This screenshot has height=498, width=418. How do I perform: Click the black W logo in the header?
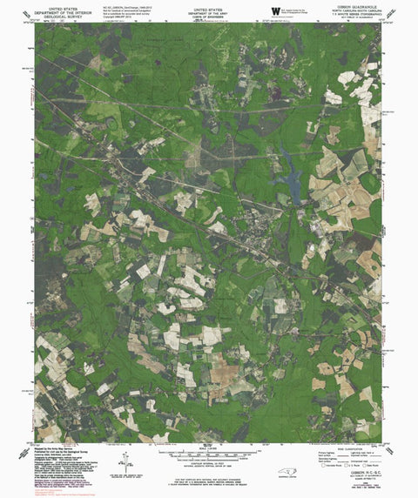tap(275, 10)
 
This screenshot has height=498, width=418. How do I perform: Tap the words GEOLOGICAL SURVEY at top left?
tap(64, 17)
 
